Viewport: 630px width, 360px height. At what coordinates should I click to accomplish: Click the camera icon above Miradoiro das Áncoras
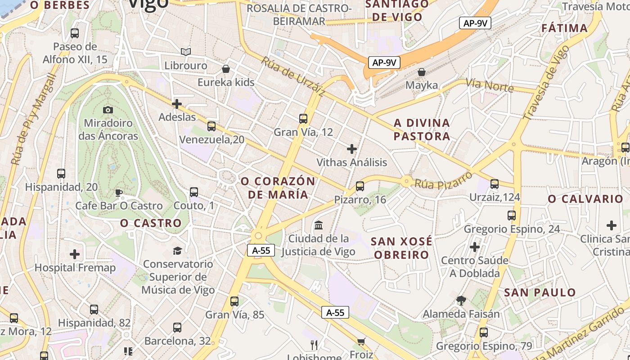click(108, 110)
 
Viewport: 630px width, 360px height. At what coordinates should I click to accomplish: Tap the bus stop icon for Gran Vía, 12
click(303, 119)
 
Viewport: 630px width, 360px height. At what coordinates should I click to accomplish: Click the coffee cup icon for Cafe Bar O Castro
click(118, 193)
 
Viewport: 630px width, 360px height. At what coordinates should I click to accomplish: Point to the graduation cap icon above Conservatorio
click(178, 251)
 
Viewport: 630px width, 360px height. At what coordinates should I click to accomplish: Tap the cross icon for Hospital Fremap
click(75, 254)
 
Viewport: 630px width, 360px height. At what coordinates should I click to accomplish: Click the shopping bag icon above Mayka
click(422, 72)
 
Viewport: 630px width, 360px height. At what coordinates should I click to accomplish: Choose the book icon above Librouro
click(186, 52)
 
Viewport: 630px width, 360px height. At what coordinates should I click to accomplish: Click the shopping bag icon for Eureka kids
click(226, 69)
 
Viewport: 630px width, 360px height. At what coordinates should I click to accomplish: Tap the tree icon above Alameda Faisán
click(461, 300)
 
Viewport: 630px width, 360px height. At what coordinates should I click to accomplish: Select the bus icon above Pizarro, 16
click(360, 186)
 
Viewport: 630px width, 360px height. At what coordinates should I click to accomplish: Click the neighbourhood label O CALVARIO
click(585, 199)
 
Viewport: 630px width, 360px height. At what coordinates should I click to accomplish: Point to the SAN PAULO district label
click(540, 292)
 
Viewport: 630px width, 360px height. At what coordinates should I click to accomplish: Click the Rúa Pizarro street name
click(443, 179)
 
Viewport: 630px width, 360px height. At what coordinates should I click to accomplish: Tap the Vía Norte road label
click(489, 85)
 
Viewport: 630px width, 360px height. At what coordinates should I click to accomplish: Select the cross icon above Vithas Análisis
click(352, 149)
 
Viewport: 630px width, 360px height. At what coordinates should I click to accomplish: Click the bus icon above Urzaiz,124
click(495, 184)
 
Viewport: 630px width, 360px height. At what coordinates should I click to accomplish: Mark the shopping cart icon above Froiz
click(361, 342)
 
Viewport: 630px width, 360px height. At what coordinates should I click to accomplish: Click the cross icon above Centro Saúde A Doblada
click(474, 247)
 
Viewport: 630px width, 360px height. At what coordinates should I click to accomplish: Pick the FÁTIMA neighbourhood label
click(564, 28)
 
